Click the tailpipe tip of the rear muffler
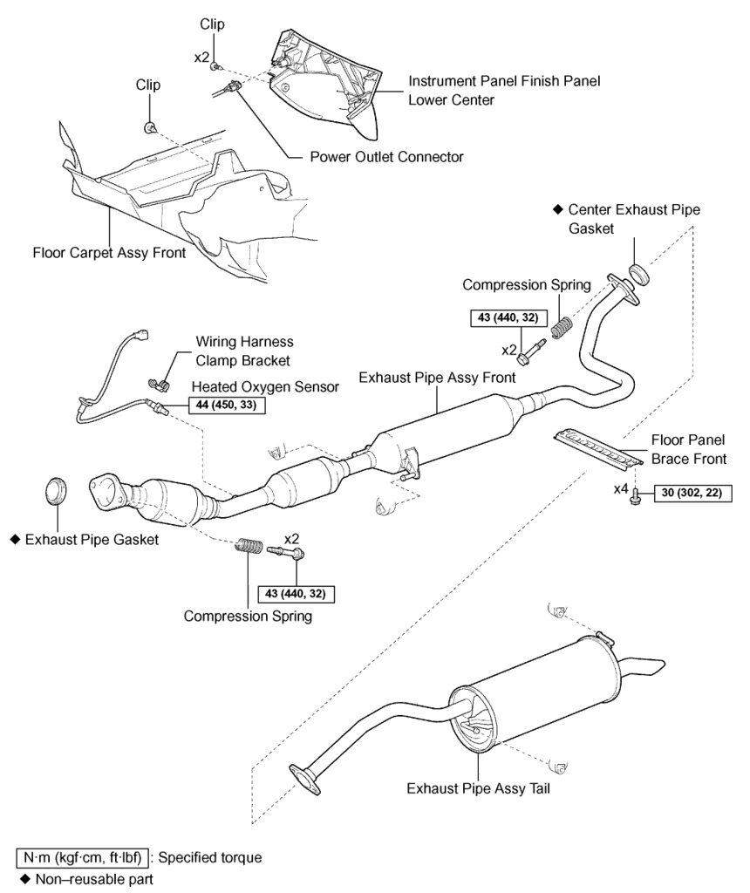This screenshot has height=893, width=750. (647, 665)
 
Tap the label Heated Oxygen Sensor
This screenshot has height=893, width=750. (265, 386)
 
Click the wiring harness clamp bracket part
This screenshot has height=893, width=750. (159, 380)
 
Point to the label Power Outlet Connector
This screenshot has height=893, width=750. (386, 158)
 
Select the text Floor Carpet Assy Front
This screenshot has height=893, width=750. (109, 254)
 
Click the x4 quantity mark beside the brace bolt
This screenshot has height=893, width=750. (620, 488)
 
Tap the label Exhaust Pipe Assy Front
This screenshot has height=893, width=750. (437, 378)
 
